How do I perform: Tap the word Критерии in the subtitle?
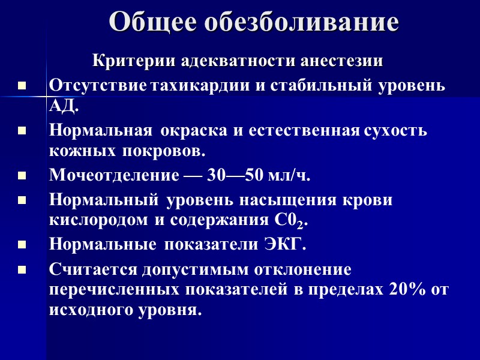[x=126, y=61]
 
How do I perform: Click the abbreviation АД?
[x=62, y=107]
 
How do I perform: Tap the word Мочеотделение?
[x=113, y=176]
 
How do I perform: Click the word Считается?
[x=94, y=268]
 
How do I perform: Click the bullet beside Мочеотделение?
[x=22, y=176]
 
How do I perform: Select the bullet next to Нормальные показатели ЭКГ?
[x=22, y=245]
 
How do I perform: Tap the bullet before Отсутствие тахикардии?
[x=22, y=86]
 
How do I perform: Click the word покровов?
[x=166, y=151]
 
